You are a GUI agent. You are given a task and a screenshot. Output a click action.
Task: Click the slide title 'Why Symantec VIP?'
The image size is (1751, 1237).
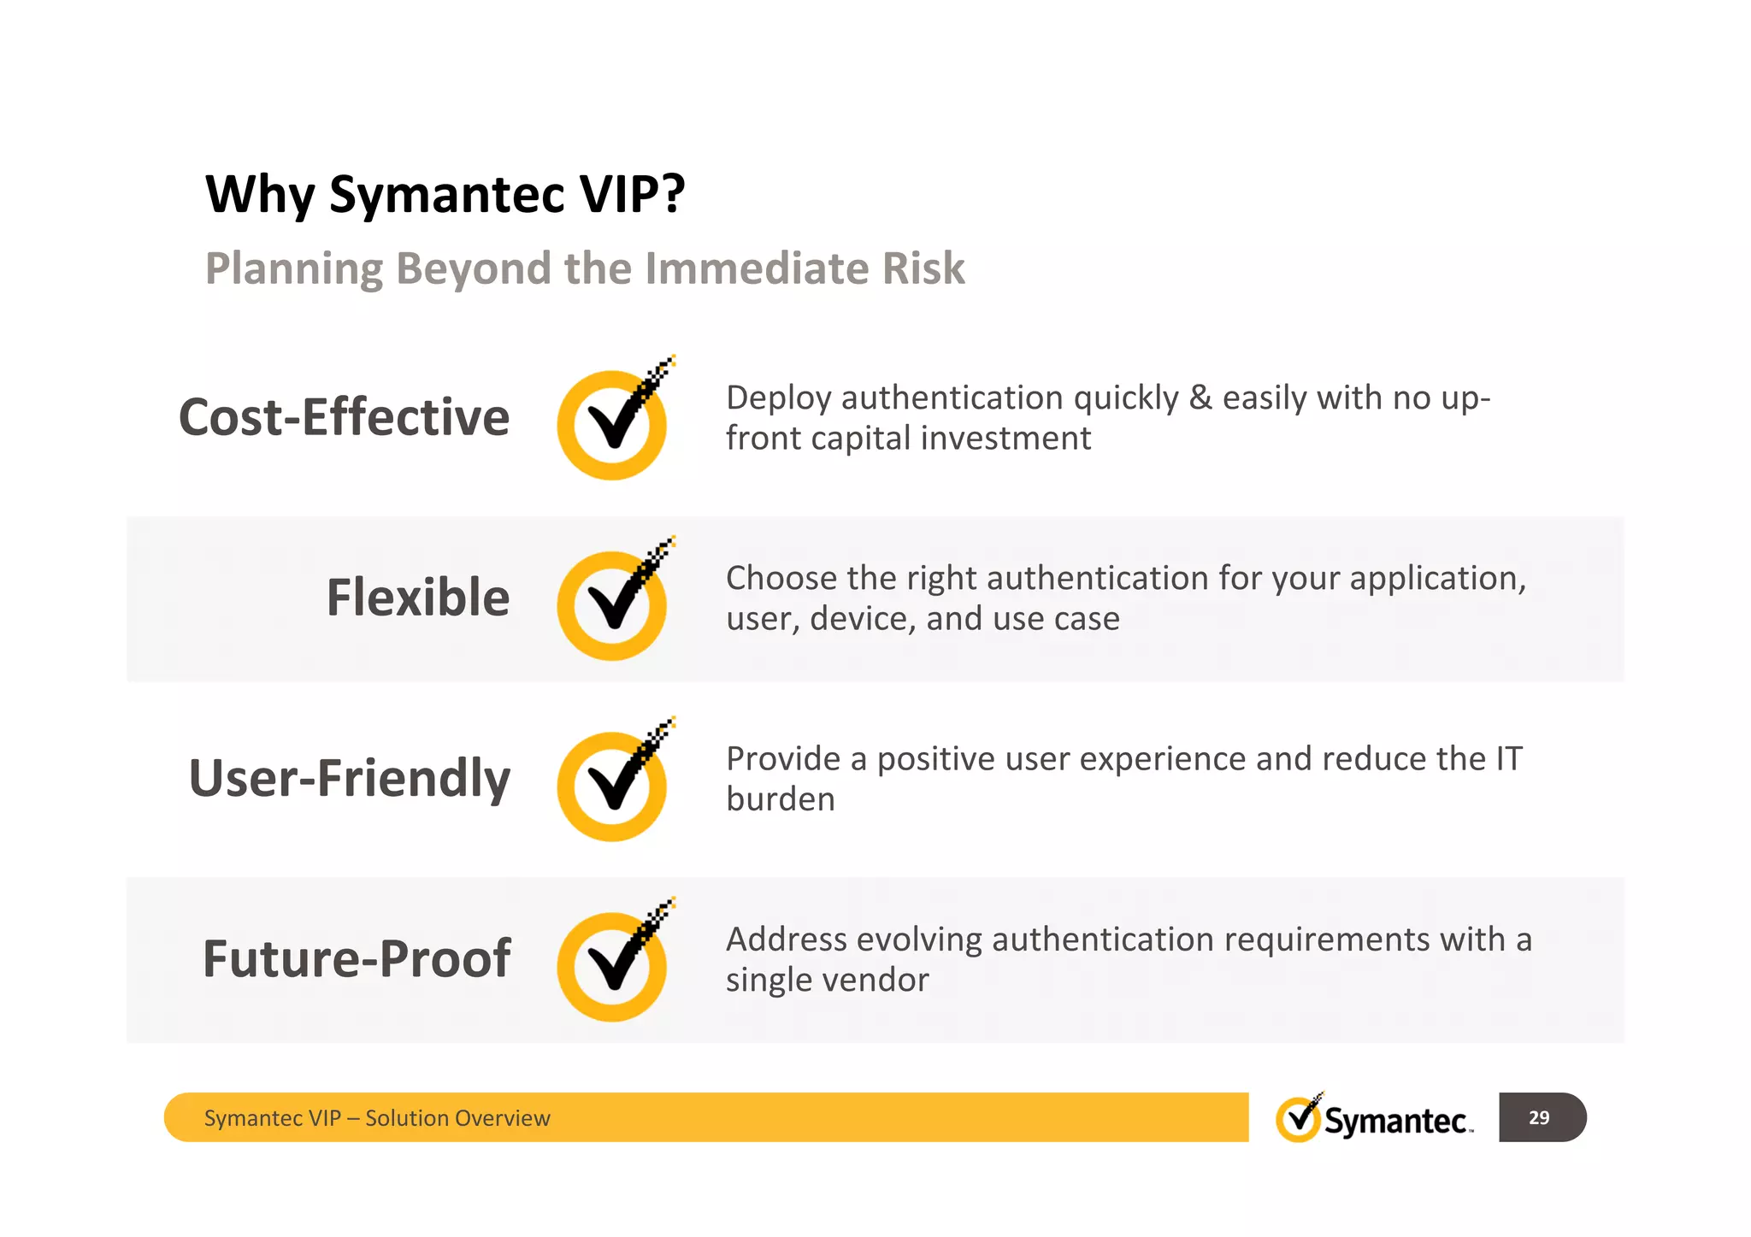pos(445,194)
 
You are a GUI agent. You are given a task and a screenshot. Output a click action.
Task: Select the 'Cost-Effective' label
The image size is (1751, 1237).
pos(344,417)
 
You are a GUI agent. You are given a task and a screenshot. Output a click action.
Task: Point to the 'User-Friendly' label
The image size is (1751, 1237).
pos(349,778)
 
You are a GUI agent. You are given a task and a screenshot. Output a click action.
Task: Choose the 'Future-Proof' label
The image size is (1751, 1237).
pos(356,958)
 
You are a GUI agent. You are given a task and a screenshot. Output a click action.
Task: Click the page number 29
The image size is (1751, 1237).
pos(1539,1117)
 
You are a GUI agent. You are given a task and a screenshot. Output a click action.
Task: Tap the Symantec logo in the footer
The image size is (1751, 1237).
pos(1373,1118)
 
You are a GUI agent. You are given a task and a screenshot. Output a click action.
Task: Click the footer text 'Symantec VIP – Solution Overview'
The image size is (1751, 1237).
pos(377,1118)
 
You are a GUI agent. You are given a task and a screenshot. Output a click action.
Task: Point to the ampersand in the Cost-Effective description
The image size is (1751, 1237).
pos(1200,398)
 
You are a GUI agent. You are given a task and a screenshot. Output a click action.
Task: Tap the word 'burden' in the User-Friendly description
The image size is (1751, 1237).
pos(781,799)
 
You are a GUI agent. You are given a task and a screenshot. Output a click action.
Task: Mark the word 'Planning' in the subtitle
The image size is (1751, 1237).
pos(294,268)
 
